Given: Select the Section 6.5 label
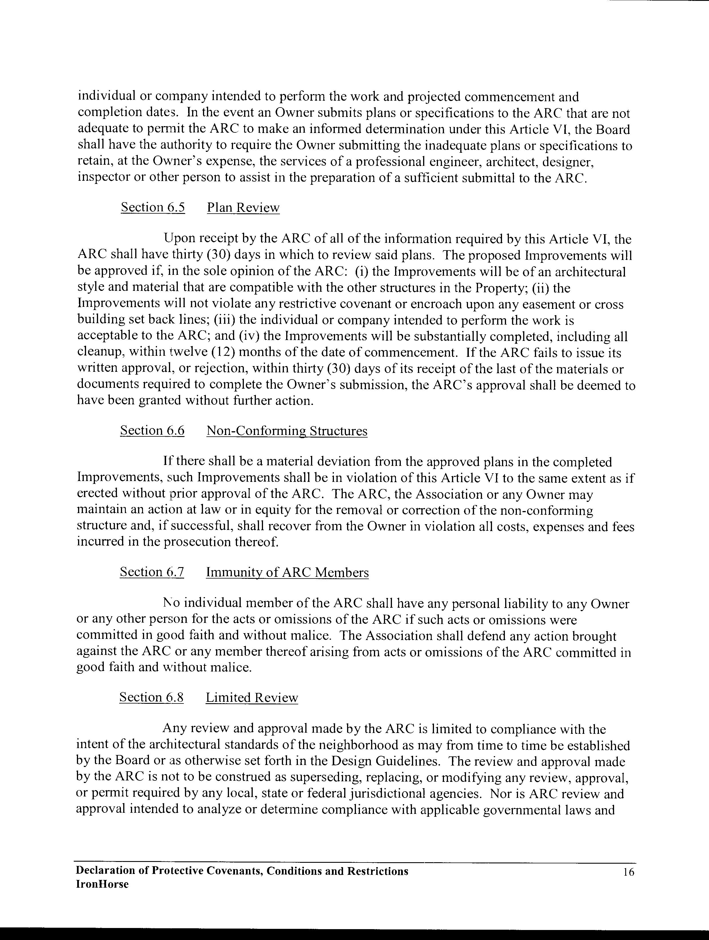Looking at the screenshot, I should tap(153, 207).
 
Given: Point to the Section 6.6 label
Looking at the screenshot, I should tap(152, 430).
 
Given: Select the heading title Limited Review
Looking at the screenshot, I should tap(252, 697).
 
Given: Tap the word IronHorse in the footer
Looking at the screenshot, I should tap(102, 885).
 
